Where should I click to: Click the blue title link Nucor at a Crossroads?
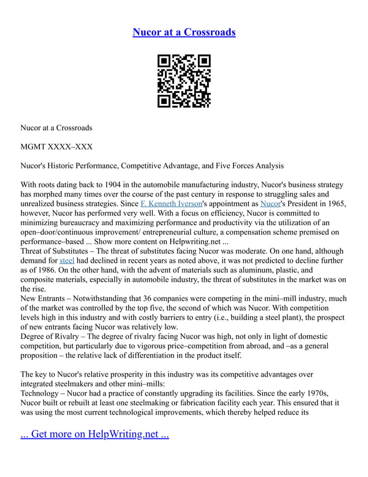point(184,32)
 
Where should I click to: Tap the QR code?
point(184,81)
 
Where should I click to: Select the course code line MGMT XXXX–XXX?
point(57,147)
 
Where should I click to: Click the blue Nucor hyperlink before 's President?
point(269,203)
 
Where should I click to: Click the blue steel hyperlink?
point(67,261)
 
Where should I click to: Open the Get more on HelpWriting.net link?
point(95,434)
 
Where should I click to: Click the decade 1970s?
point(328,393)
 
